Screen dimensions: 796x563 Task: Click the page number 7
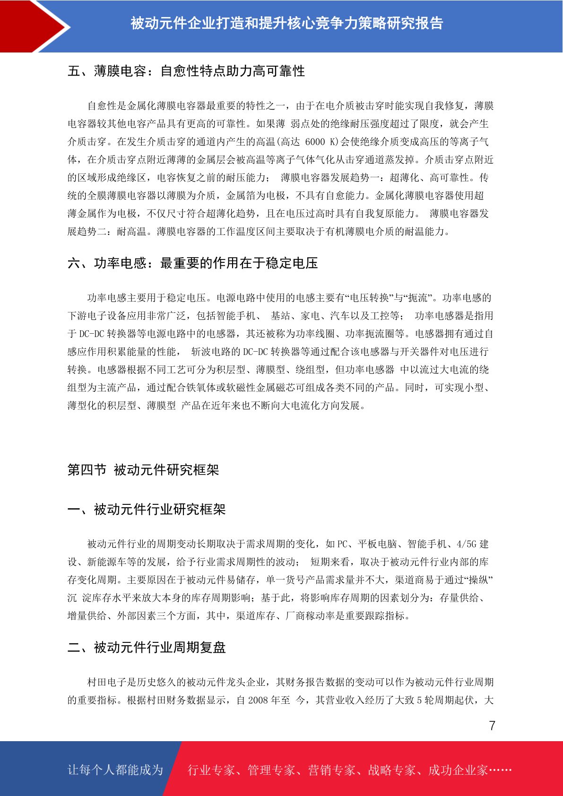492,726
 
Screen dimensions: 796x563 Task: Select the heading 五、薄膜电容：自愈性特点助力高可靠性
186,71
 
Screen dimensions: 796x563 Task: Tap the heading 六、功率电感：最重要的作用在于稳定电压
192,263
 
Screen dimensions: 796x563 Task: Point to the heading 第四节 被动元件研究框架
143,470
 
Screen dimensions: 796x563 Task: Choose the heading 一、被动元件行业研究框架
147,510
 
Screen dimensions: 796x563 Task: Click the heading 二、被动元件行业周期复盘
147,648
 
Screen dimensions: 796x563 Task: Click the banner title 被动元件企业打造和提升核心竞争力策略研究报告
286,23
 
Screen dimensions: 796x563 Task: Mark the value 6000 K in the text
321,142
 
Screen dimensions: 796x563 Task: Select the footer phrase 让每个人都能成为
115,770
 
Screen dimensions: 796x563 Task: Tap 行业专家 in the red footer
211,770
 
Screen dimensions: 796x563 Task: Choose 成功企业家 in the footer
458,770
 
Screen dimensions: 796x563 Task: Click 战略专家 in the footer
392,770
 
